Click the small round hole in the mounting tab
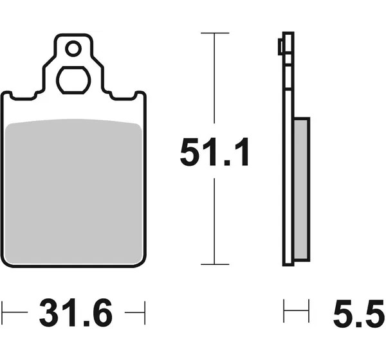pyautogui.click(x=73, y=49)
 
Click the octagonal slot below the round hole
pyautogui.click(x=73, y=80)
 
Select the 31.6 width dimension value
pyautogui.click(x=76, y=312)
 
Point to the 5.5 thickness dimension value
pyautogui.click(x=359, y=312)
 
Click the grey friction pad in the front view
pyautogui.click(x=73, y=192)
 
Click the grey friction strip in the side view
pyautogui.click(x=301, y=189)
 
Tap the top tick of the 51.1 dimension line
pyautogui.click(x=215, y=33)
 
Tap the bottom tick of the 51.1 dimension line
pyautogui.click(x=215, y=264)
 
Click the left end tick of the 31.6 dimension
pyautogui.click(x=2, y=312)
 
